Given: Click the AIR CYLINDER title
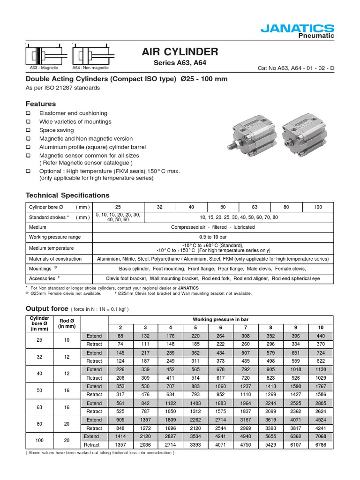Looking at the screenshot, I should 180,52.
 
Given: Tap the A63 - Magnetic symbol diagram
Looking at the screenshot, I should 44,56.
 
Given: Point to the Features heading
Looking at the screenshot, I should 40,104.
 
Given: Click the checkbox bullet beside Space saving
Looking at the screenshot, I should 28,130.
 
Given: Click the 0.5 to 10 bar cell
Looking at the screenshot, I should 213,237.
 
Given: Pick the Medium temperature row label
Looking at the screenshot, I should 51,248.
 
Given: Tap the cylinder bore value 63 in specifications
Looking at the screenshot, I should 255,207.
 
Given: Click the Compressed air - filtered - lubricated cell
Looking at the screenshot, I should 213,227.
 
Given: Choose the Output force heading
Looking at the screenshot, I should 46,308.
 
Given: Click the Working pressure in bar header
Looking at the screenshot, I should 221,319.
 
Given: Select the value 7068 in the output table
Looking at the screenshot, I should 321,436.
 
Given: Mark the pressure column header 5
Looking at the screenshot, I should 195,327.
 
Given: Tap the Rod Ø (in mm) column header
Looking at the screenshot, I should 67,323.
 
